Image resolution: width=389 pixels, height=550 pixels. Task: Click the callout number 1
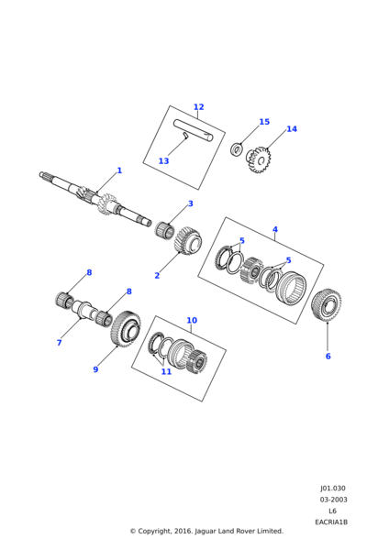tap(119, 170)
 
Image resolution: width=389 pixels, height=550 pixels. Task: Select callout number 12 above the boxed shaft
tap(199, 107)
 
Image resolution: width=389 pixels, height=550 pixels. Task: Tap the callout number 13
tap(163, 161)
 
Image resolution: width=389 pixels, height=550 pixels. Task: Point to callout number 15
tap(264, 122)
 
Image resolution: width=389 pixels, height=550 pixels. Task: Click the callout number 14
tap(292, 129)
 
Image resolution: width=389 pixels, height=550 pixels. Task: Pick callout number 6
tap(328, 357)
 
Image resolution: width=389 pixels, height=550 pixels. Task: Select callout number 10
tap(192, 320)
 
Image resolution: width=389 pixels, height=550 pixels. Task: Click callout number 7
tap(60, 343)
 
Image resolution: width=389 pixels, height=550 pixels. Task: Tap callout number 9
tap(95, 369)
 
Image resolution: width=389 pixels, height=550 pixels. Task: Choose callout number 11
tap(166, 371)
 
